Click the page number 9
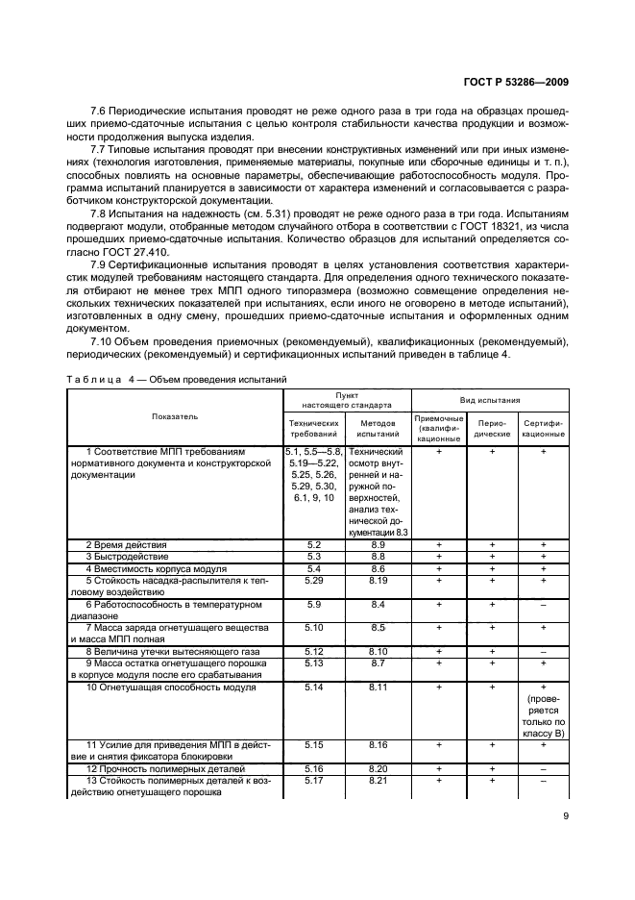point(564,820)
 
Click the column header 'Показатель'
point(175,416)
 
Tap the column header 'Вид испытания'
point(490,398)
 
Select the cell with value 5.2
point(312,544)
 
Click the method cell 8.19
point(377,580)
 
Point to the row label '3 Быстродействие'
point(125,556)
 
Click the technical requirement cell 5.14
point(312,688)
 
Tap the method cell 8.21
point(377,781)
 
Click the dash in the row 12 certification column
point(543,769)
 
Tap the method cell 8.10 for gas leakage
point(377,651)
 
